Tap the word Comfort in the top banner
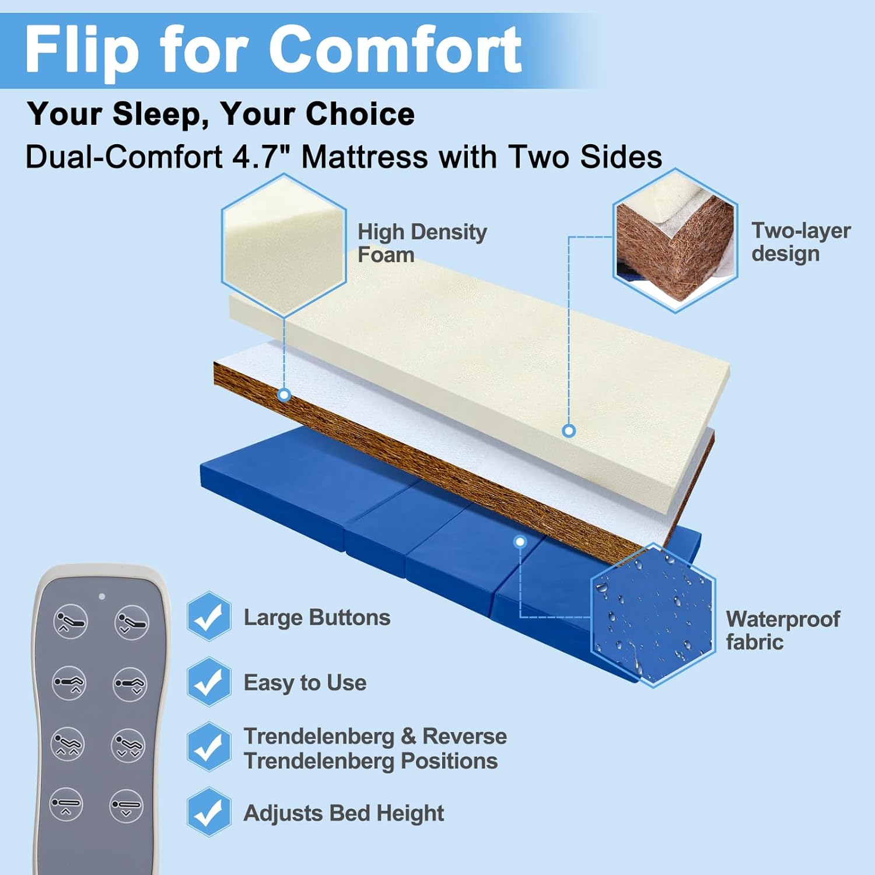395,50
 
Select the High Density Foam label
421,243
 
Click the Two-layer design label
800,242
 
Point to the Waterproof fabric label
782,630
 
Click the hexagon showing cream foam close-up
283,245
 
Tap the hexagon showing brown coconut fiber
675,240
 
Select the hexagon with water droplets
653,615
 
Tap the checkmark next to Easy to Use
208,681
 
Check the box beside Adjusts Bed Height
208,812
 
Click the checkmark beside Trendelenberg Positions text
208,747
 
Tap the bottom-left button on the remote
66,804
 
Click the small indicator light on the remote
102,596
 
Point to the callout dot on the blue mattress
520,542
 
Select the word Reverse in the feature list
464,736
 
